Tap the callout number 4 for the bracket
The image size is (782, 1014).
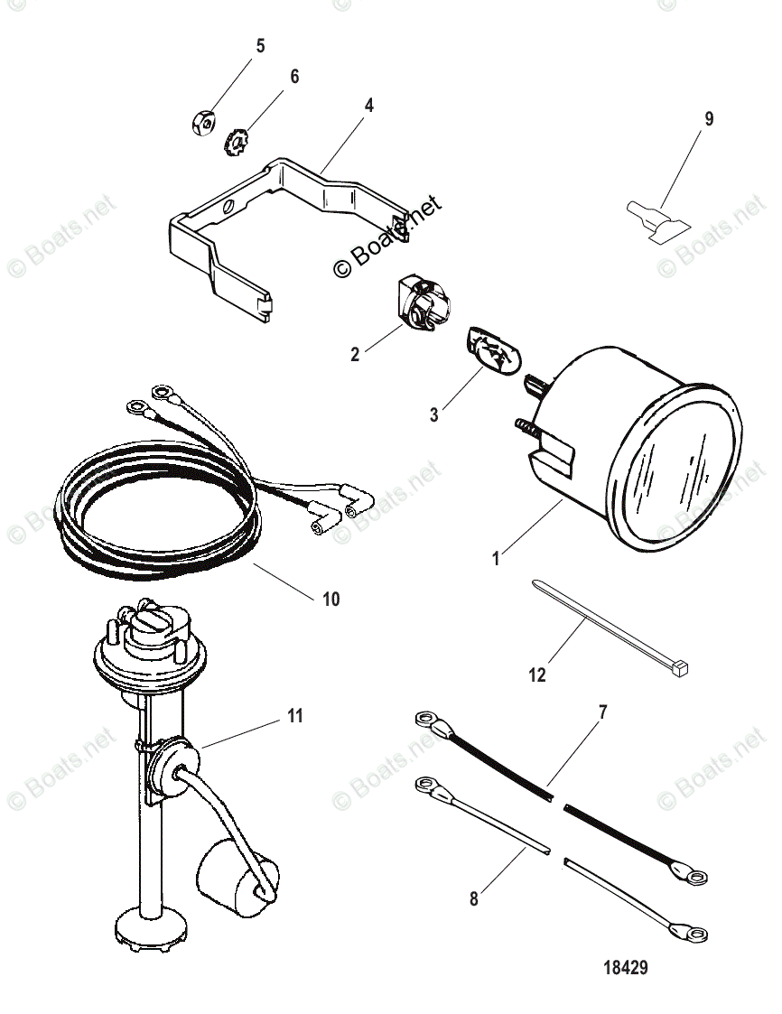tap(368, 105)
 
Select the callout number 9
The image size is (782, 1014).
tap(708, 118)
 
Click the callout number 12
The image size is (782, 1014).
tap(537, 674)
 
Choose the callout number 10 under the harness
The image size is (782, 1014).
tap(331, 599)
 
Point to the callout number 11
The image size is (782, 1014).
tap(294, 716)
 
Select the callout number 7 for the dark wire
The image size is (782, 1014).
tap(602, 712)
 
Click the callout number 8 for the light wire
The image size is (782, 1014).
tap(475, 898)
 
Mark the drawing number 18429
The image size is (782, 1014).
tap(624, 967)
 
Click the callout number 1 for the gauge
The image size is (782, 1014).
tap(495, 560)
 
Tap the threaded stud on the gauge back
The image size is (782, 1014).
tap(529, 423)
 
